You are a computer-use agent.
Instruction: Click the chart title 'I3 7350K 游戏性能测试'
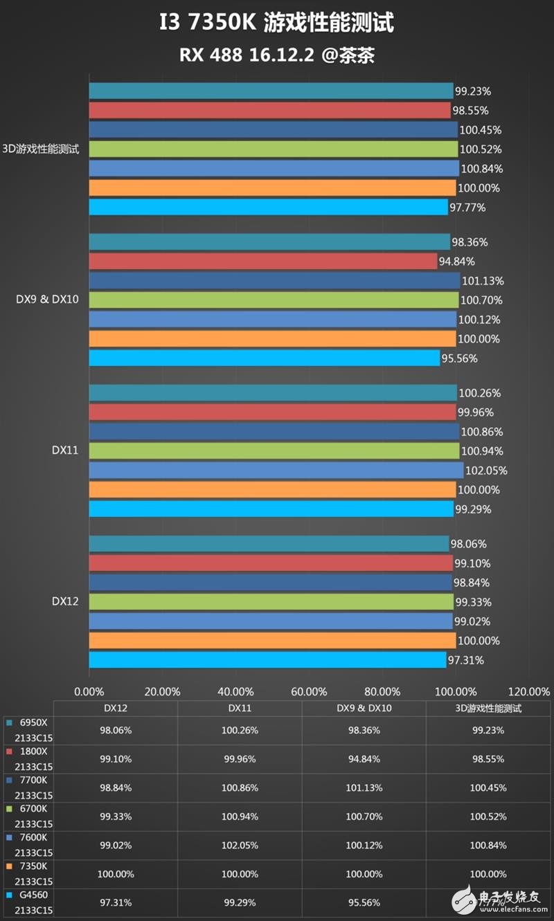(x=277, y=23)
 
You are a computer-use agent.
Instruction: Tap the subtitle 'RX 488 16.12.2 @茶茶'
(x=277, y=55)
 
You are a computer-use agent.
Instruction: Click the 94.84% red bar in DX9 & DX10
(x=263, y=262)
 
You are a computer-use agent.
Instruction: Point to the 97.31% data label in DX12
(x=465, y=660)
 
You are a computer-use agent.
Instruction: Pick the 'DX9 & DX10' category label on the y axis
(x=47, y=300)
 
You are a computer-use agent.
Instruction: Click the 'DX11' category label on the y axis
(x=65, y=450)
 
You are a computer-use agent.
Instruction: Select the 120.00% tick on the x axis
(x=529, y=691)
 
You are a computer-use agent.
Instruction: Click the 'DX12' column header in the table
(x=116, y=709)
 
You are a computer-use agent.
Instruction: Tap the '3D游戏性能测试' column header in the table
(x=488, y=709)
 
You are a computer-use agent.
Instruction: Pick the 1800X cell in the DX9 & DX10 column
(x=364, y=758)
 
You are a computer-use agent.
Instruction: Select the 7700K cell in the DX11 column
(x=240, y=787)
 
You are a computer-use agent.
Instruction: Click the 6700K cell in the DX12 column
(x=116, y=817)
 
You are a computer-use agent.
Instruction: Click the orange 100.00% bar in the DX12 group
(x=272, y=641)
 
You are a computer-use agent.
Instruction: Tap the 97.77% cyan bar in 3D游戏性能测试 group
(x=268, y=207)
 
